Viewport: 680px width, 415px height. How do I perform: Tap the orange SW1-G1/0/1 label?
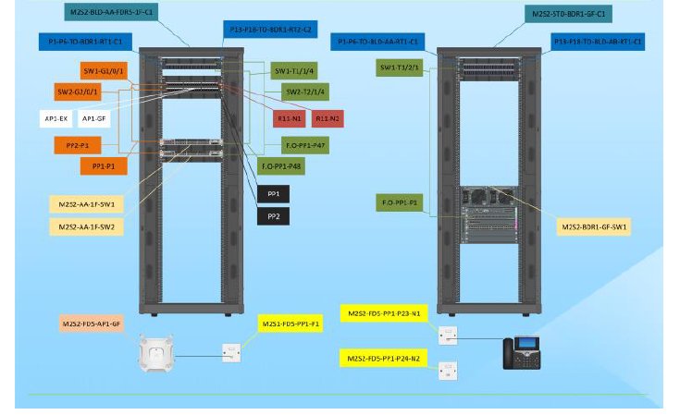point(104,71)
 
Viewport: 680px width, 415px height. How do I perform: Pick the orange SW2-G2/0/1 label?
point(78,92)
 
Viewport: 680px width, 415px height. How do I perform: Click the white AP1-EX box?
point(56,118)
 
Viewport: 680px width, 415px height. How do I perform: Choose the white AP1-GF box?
point(94,118)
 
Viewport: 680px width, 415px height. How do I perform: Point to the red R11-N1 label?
point(290,118)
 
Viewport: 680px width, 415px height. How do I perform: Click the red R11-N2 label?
point(328,118)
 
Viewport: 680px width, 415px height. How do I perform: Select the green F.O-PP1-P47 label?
point(306,146)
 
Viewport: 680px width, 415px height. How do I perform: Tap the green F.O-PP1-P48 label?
point(281,165)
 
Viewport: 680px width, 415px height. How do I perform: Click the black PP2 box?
point(273,216)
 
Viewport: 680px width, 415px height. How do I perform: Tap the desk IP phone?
point(520,353)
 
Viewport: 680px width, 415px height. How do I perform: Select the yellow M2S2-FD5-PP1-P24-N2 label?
point(383,358)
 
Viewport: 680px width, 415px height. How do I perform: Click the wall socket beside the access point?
point(230,352)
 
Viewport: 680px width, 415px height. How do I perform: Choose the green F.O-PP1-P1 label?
point(400,202)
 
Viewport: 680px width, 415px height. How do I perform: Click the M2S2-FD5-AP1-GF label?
point(92,323)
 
